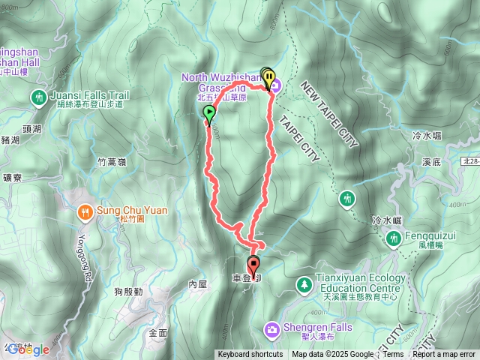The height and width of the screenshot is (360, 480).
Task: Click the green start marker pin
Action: tap(208, 114)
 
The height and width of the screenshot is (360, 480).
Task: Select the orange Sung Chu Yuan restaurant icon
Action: tap(87, 211)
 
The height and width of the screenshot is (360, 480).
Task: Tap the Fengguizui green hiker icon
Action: tap(393, 238)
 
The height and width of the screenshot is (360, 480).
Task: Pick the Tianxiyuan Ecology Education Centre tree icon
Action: tap(303, 284)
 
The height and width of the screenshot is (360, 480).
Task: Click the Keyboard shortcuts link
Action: tap(250, 355)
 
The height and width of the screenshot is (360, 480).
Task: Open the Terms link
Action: tap(393, 355)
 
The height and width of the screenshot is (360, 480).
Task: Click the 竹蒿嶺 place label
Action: tap(112, 161)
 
